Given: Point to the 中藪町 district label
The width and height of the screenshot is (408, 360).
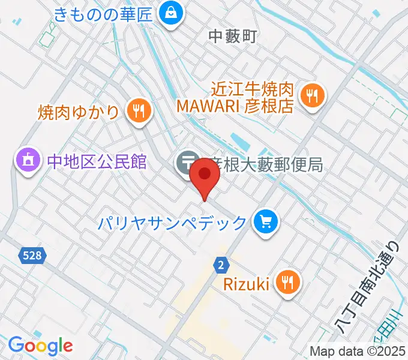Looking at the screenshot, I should click(x=232, y=37).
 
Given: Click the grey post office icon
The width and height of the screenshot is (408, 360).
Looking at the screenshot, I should click(x=187, y=162).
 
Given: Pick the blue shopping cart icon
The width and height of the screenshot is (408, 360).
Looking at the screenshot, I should click(x=265, y=222).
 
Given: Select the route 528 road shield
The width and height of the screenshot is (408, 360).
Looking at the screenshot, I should click(x=33, y=256).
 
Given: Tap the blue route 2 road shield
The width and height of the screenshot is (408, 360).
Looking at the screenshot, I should click(x=221, y=264).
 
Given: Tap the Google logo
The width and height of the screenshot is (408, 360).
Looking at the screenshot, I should click(x=40, y=345).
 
